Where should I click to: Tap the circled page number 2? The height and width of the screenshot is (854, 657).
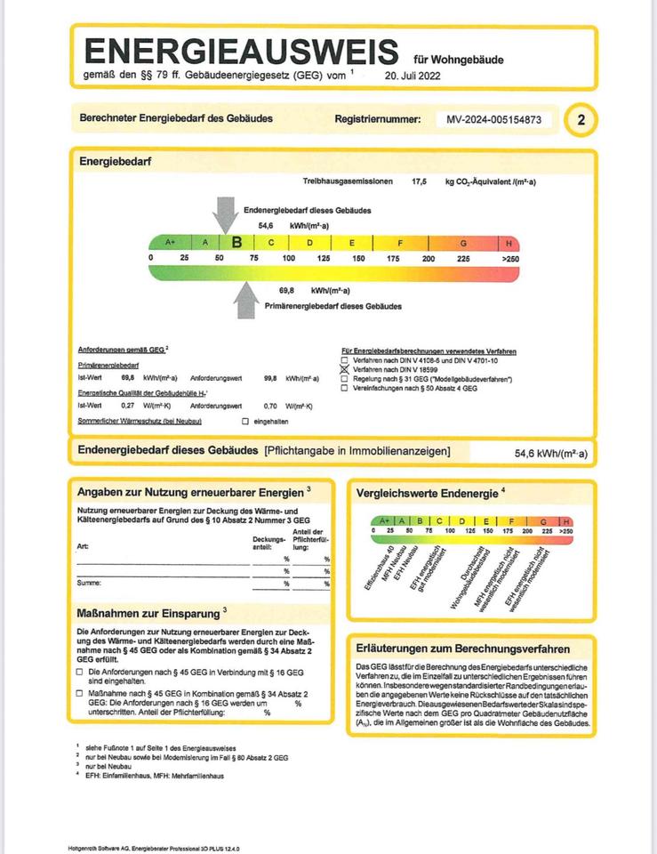click(x=581, y=119)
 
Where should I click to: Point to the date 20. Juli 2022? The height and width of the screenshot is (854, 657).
click(x=413, y=77)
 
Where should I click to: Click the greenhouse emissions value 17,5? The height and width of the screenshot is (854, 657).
click(x=420, y=181)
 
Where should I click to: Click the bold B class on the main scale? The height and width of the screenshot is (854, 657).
click(x=236, y=242)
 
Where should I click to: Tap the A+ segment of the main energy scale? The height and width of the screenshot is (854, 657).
click(x=170, y=242)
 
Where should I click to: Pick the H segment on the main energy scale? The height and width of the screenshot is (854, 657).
click(x=509, y=242)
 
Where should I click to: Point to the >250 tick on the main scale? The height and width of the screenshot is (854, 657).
click(x=509, y=258)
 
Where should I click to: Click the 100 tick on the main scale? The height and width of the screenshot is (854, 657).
click(x=288, y=258)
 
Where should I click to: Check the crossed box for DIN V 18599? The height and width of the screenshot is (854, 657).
click(x=346, y=367)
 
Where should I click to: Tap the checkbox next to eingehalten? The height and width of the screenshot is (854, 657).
click(x=245, y=420)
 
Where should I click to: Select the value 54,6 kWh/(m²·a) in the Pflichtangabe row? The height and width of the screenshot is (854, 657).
click(x=550, y=454)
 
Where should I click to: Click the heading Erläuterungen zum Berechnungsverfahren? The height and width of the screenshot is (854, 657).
click(x=462, y=649)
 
